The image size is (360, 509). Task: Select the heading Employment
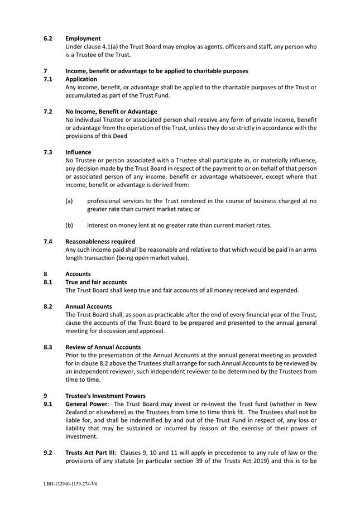point(83,38)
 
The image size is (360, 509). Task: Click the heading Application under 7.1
point(81,79)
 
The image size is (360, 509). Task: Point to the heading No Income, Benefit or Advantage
point(111,112)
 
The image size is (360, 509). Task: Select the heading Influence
point(79,152)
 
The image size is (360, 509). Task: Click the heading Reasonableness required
point(100,242)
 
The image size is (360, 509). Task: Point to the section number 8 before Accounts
point(46,274)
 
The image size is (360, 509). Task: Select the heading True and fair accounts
point(96,282)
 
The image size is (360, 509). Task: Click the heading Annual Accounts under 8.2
point(88,306)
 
